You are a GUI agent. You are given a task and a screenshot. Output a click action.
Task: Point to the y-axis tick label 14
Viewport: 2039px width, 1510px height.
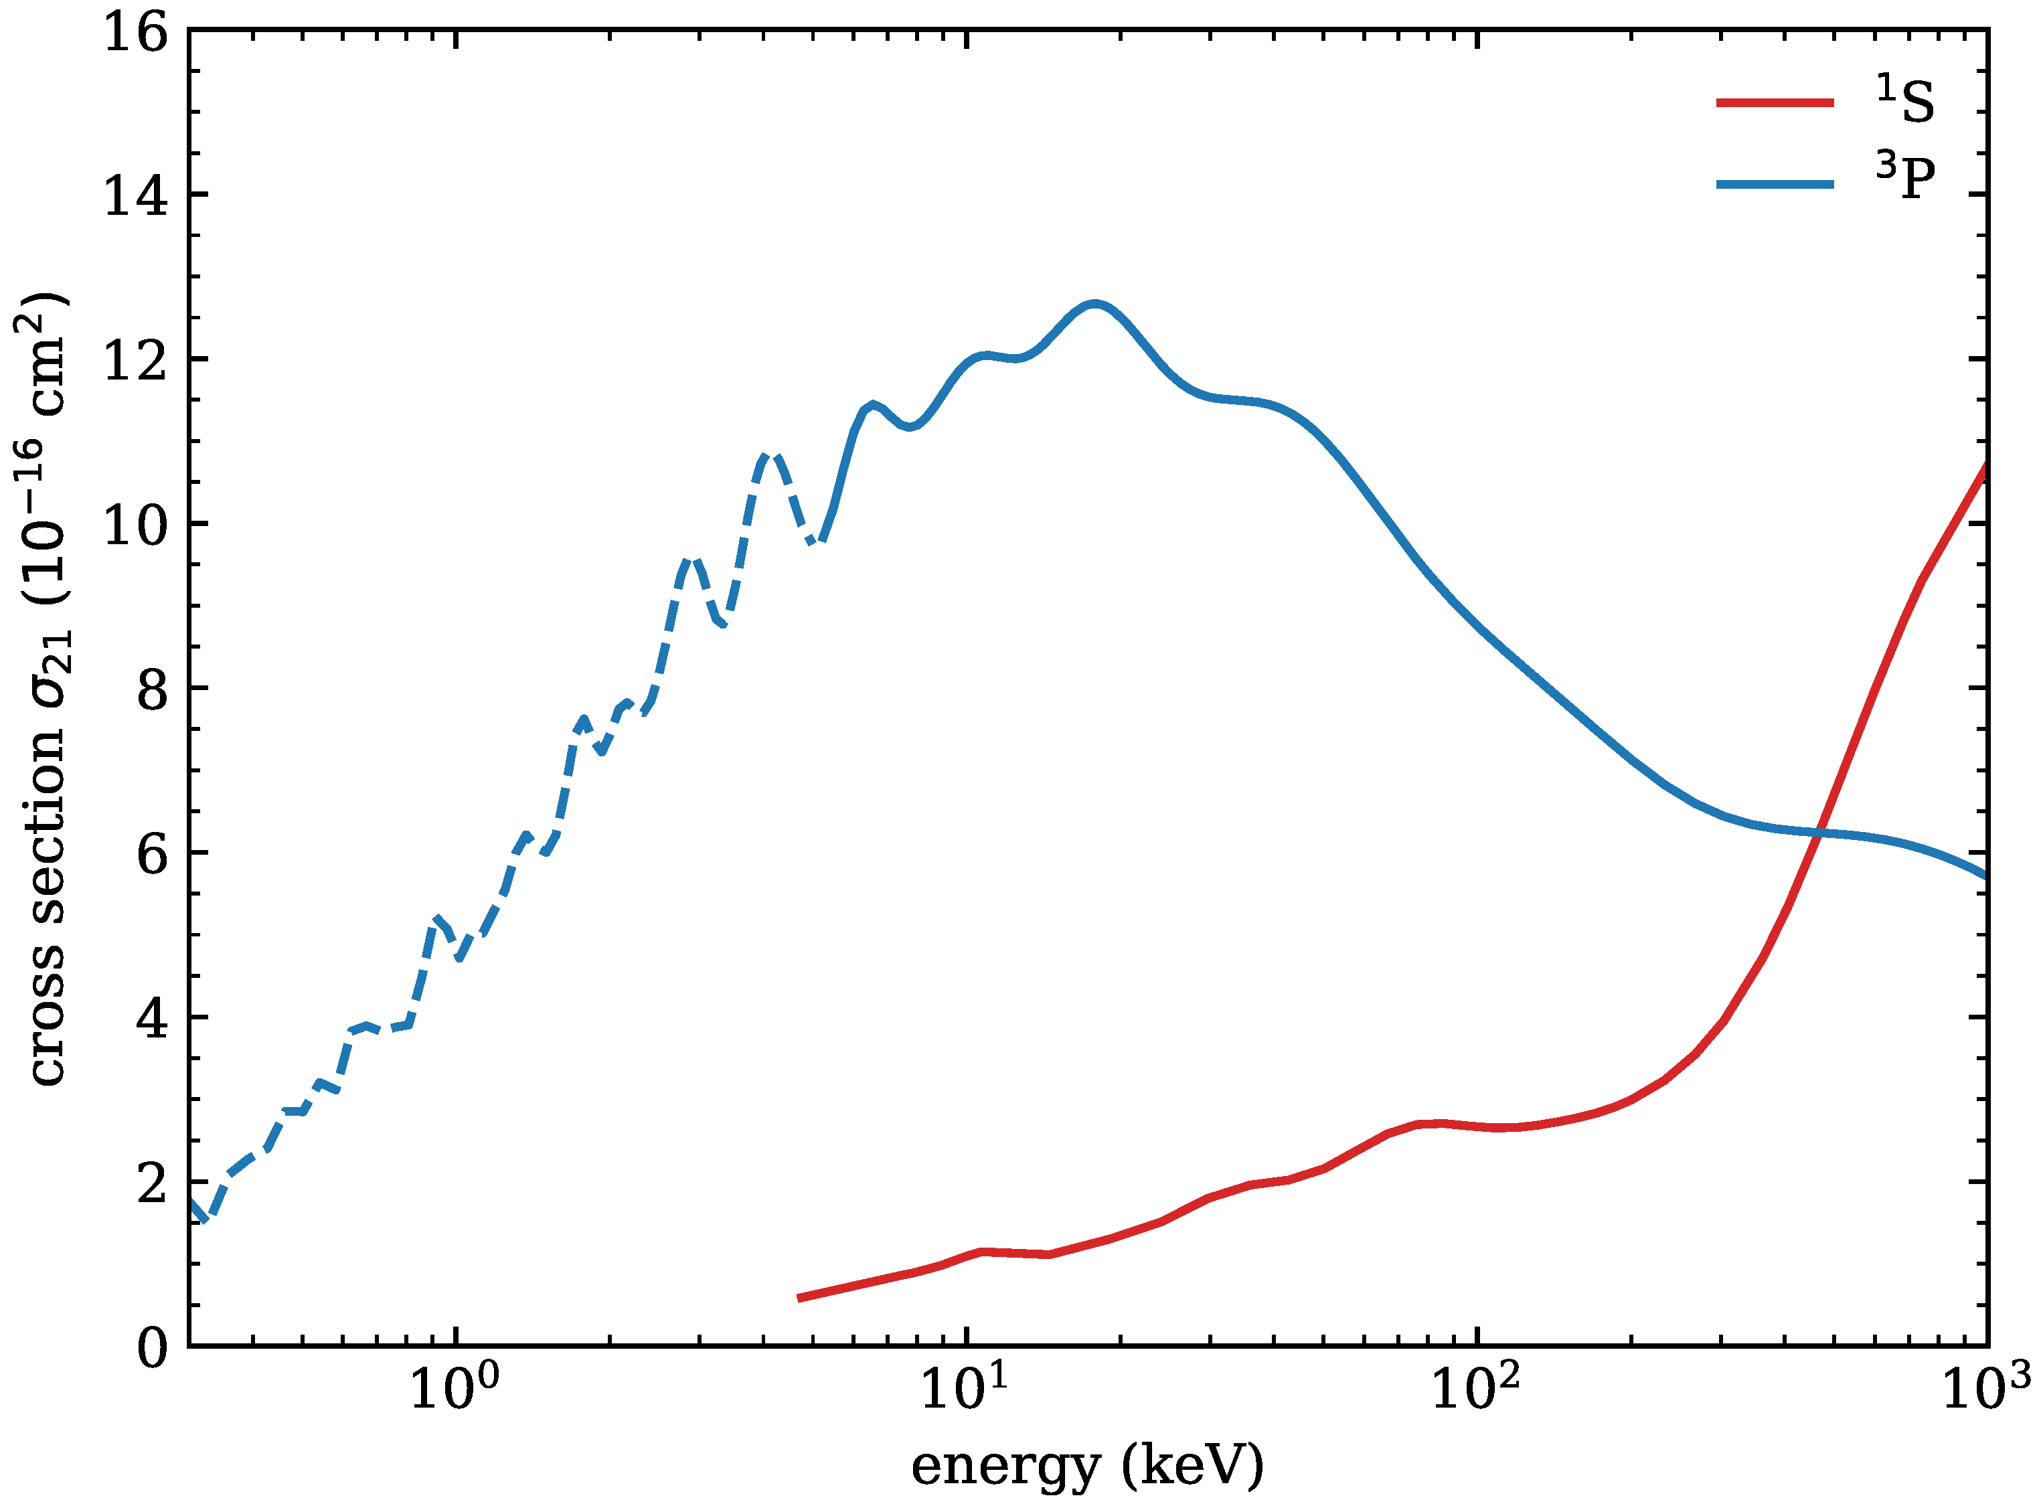click(135, 197)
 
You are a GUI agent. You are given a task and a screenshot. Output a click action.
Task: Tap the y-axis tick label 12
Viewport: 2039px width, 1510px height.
click(135, 361)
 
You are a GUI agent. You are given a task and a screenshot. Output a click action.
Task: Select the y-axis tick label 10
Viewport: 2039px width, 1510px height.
click(135, 525)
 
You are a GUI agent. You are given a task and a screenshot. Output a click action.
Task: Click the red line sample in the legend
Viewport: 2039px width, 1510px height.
click(1774, 102)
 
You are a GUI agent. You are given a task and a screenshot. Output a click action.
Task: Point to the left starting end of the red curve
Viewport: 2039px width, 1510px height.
click(801, 1298)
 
